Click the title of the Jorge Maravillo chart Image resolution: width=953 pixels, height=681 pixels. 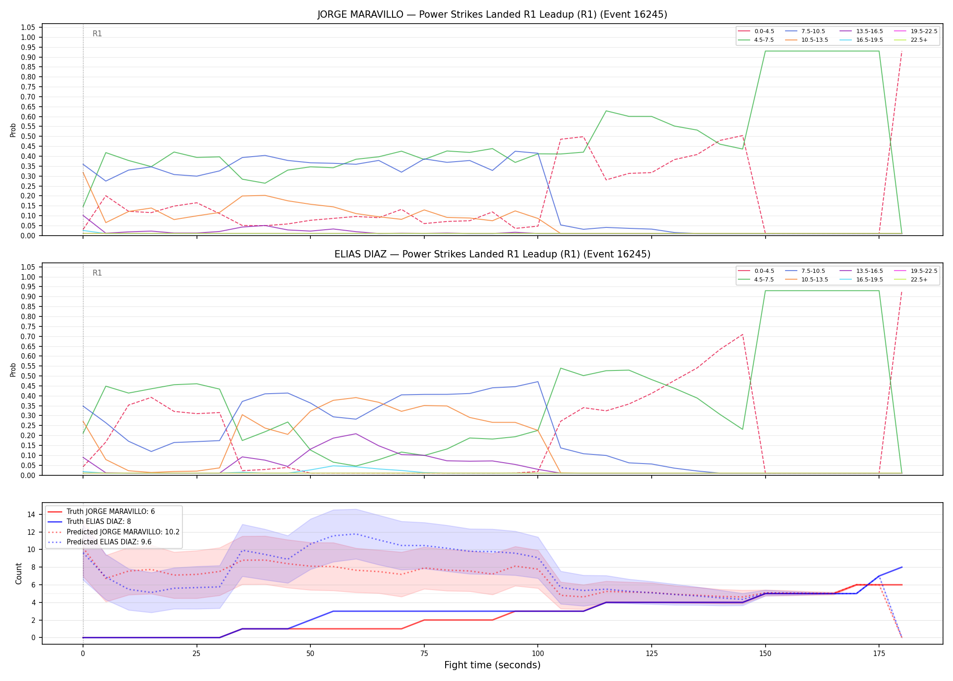(x=492, y=15)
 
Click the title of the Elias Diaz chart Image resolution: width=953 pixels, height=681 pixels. (x=492, y=254)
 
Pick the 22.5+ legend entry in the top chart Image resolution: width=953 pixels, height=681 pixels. (x=911, y=40)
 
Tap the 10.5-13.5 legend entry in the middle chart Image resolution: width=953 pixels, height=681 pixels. (x=807, y=280)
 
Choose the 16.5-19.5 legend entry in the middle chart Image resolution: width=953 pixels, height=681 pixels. (x=861, y=280)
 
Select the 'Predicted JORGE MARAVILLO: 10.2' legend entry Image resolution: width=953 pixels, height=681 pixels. (x=113, y=532)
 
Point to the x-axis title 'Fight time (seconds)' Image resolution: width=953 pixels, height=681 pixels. (x=492, y=665)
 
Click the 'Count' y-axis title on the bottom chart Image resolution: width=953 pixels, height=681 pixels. (x=19, y=573)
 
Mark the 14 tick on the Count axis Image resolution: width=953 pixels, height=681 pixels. (x=31, y=514)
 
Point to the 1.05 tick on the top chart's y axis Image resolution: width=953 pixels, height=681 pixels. (x=28, y=27)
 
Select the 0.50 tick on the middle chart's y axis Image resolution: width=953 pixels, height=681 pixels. (x=28, y=376)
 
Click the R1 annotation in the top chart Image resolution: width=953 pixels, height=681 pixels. (x=97, y=34)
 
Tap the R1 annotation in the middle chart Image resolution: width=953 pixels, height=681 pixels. (x=97, y=273)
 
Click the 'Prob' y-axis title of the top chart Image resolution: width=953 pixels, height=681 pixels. (x=13, y=130)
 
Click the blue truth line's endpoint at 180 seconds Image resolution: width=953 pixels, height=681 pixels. (x=902, y=567)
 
